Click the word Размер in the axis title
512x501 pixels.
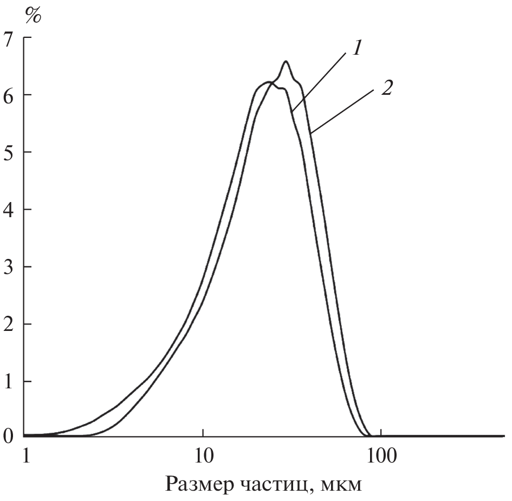197,482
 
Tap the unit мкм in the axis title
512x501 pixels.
340,483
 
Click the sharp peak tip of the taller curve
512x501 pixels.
285,62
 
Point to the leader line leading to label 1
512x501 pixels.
320,79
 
